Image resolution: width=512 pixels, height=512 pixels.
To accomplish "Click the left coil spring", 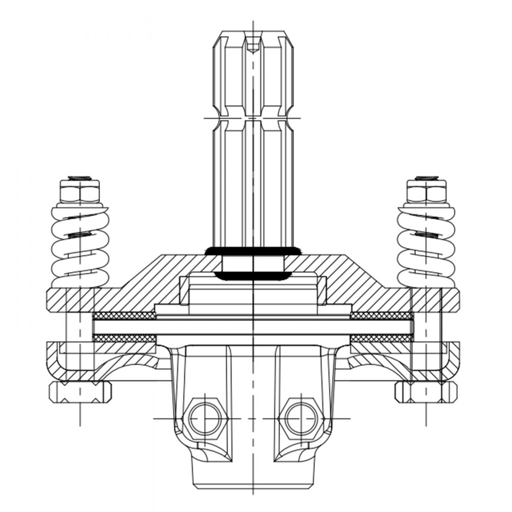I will click(80, 246).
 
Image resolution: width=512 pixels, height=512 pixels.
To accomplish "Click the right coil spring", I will click(426, 246).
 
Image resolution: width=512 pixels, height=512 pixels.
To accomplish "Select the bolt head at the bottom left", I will click(80, 392).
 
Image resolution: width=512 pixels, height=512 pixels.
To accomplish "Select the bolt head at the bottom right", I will click(426, 392).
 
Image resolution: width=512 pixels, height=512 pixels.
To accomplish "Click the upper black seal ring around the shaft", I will click(253, 251).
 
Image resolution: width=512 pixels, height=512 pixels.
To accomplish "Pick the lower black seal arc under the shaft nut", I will click(253, 276).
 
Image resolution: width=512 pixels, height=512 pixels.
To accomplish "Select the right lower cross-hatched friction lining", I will click(381, 338).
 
